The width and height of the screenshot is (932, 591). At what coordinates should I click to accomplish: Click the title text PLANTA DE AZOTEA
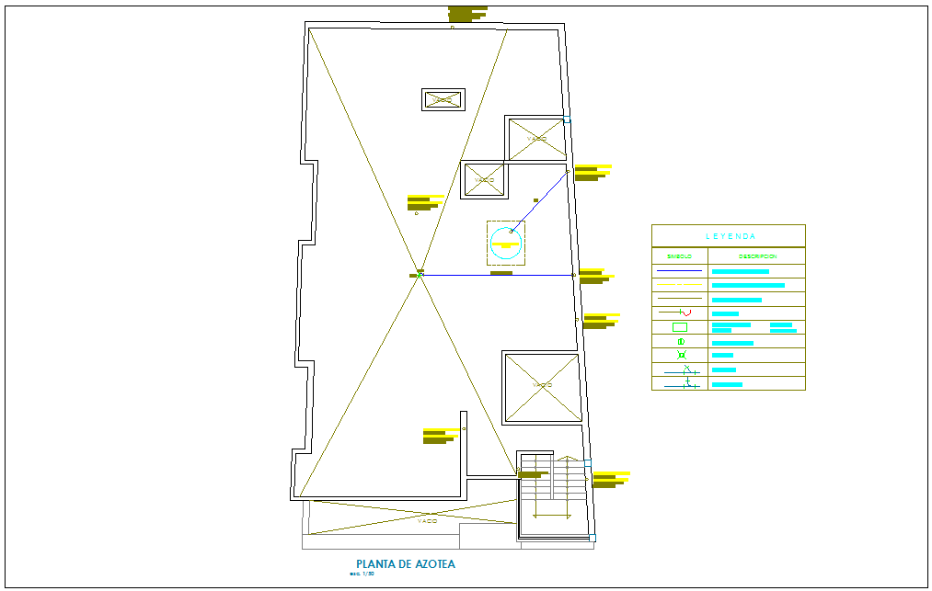pos(405,564)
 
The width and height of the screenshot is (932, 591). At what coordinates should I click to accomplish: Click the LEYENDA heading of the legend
pos(731,236)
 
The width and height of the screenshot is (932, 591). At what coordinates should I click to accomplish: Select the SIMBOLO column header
pos(679,256)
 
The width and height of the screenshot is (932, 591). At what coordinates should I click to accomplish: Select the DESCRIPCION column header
pos(756,256)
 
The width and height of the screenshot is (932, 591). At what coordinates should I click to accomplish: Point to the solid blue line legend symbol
pos(679,271)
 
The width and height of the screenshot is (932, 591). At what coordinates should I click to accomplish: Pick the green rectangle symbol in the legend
pos(680,327)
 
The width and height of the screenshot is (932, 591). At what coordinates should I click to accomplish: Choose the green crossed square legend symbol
pos(681,356)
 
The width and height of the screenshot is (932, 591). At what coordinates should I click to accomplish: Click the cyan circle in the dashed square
pos(506,244)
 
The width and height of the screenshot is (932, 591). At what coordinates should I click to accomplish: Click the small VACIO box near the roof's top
pos(443,99)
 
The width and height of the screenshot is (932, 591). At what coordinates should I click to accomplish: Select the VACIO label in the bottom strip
pos(427,521)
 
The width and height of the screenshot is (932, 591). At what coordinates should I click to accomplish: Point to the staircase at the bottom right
pos(552,496)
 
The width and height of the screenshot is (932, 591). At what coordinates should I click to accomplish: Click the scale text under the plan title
pos(362,574)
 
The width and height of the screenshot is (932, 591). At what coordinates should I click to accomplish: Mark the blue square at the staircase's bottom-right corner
pos(592,538)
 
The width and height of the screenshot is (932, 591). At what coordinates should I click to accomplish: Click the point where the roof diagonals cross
pos(420,274)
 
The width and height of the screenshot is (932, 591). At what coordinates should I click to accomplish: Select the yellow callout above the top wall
pos(467,13)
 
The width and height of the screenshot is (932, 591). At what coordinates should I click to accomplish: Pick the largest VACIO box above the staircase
pos(541,387)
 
